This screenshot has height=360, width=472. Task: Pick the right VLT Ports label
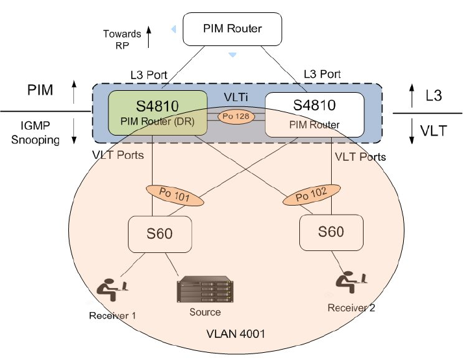(360, 156)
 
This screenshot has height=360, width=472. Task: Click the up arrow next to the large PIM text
(73, 91)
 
